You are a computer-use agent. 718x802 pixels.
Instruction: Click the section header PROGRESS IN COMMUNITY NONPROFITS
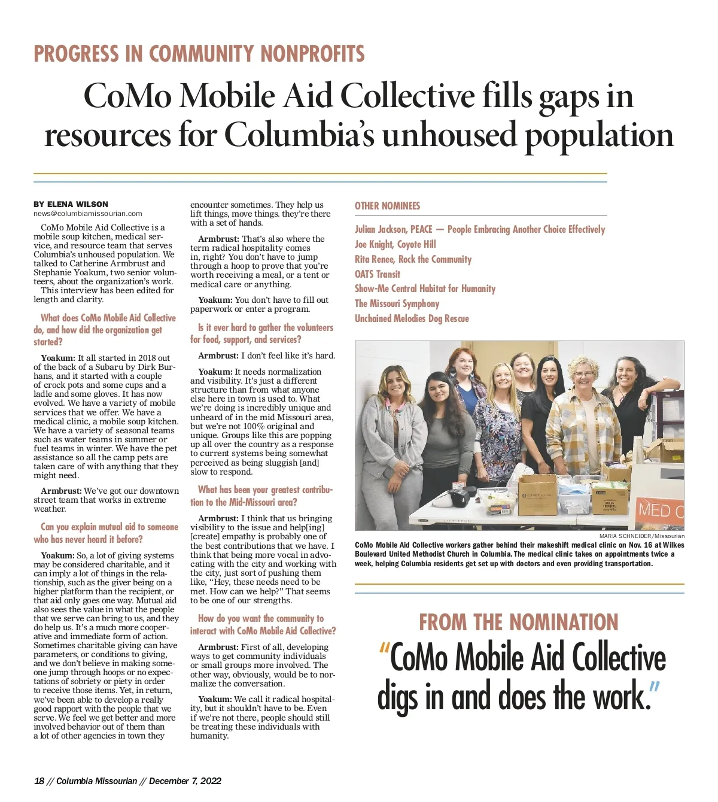tap(199, 54)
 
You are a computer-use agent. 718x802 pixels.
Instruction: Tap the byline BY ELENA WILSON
tap(71, 204)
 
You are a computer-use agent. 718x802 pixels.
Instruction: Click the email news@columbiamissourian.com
tap(88, 214)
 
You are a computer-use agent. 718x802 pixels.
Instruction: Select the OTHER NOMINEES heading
tap(387, 206)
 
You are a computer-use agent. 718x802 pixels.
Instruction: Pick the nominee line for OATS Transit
tap(378, 274)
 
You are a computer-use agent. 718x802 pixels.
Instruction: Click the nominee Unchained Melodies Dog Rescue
tap(412, 318)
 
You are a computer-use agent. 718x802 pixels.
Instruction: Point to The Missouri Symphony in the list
tap(397, 303)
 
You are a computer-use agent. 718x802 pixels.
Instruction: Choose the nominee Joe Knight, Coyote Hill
tap(395, 244)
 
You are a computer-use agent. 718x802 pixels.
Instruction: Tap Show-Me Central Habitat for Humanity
tap(425, 288)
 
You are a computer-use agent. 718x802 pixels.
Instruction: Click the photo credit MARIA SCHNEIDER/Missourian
tap(641, 536)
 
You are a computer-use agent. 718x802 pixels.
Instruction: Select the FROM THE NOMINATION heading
tap(518, 622)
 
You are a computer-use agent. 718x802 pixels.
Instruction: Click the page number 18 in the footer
tap(39, 781)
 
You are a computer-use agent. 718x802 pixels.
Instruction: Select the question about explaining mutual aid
tap(106, 533)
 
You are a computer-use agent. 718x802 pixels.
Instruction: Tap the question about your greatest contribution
tap(261, 496)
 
